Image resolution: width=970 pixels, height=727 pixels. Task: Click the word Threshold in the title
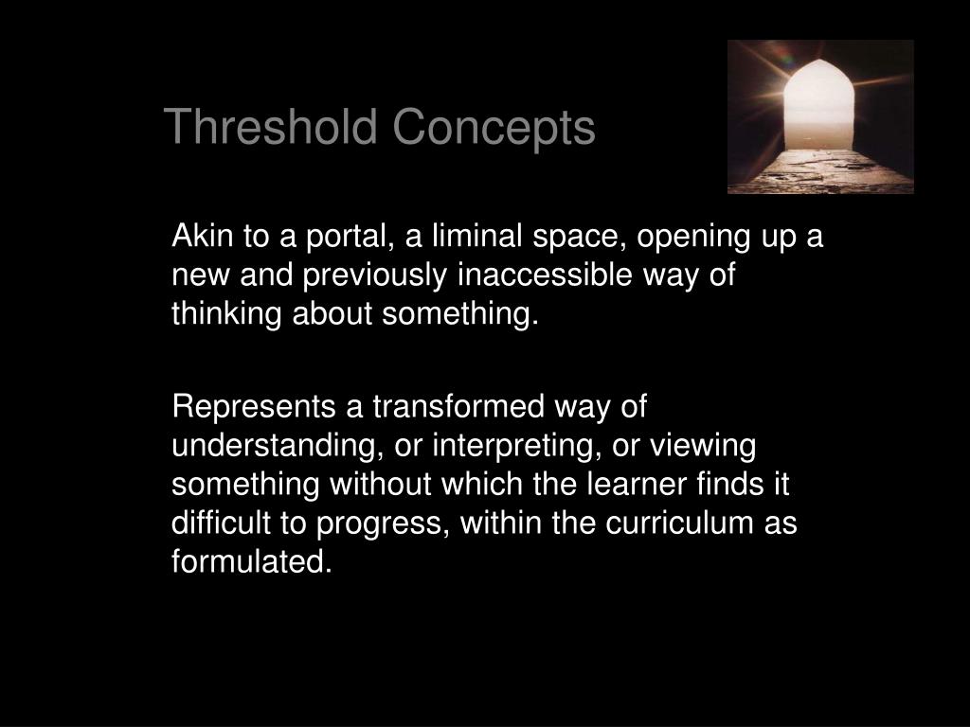coord(272,127)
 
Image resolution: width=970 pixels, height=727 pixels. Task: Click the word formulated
coord(252,562)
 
